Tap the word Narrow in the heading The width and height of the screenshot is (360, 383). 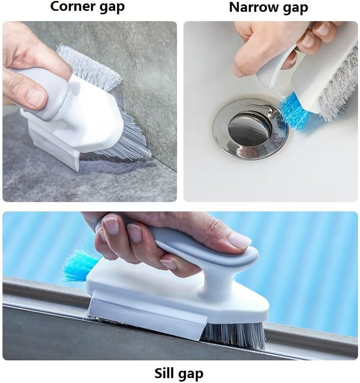coord(253,7)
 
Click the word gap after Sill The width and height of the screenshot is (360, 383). coord(190,374)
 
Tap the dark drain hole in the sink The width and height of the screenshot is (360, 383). coord(250,127)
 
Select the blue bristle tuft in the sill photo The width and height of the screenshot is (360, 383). coord(79,265)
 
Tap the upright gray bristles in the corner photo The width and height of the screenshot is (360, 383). coord(89,66)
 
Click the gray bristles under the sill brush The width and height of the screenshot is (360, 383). coord(234,335)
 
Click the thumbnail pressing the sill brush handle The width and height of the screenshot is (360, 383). coord(240,240)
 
